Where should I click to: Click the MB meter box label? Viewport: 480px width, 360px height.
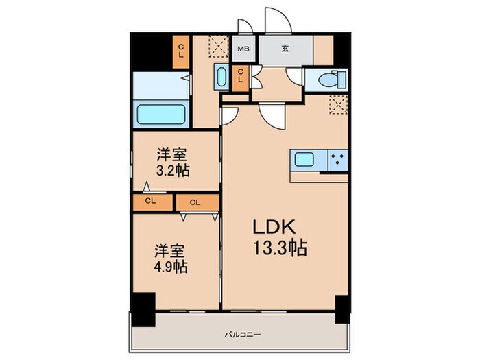pos(243,49)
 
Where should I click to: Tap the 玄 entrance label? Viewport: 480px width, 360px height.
pos(285,49)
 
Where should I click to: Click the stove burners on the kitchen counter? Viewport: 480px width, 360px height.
pos(337,160)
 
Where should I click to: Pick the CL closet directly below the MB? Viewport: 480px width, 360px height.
pos(241,76)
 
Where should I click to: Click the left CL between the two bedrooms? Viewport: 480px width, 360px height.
pos(150,202)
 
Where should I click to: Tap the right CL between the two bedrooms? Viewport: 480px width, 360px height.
pos(195,202)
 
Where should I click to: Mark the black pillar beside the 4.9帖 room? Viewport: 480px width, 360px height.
pos(142,309)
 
